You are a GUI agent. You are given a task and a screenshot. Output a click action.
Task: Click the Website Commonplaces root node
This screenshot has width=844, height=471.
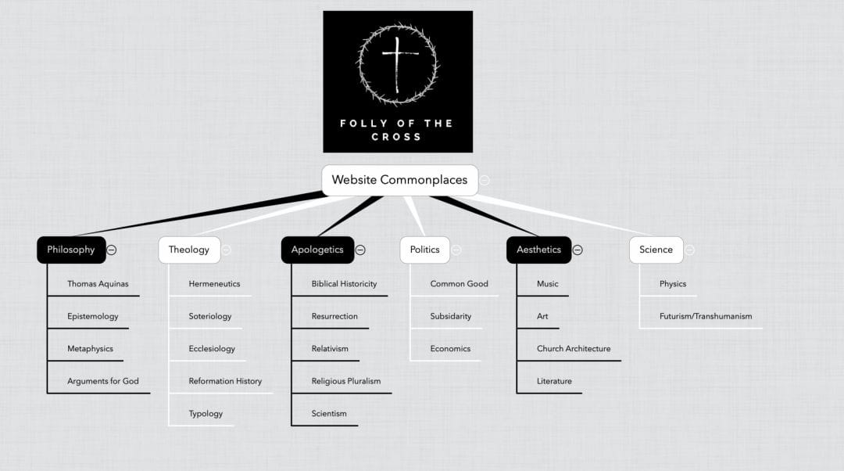coord(399,180)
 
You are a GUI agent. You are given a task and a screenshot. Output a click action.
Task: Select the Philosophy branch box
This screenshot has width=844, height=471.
coord(71,250)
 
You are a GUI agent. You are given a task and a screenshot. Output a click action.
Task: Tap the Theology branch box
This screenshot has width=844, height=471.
coord(189,250)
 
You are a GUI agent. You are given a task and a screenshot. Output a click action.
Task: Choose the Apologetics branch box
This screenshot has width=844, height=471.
coord(317,250)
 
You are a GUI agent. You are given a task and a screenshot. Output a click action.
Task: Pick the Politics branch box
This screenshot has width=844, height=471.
coord(424,250)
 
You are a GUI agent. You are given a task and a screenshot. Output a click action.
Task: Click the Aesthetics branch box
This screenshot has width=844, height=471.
coord(538,250)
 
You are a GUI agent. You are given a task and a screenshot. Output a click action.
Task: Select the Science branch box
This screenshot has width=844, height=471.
coord(656,250)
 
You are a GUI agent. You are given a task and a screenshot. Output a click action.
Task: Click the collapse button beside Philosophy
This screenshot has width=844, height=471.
coord(112,250)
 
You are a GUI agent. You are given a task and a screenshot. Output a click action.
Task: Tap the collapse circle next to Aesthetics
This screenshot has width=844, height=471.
coord(578,250)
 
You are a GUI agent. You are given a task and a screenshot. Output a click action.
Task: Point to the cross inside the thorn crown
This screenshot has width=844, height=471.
coord(398,64)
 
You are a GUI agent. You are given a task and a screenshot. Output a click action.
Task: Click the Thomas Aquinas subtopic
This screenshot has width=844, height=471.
coord(98,284)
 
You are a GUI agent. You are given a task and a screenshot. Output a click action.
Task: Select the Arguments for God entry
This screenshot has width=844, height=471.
coord(103,381)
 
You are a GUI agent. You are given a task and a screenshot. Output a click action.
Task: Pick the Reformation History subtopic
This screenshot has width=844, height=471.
coord(225,381)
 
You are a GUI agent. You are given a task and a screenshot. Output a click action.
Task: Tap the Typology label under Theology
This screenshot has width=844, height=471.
coord(206,414)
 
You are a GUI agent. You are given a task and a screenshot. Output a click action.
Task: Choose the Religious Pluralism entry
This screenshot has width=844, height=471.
coord(346,381)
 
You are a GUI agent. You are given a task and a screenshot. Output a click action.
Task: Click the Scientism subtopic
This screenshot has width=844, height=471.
coord(329,413)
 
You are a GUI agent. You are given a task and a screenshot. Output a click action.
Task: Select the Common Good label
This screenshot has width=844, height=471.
coord(460,284)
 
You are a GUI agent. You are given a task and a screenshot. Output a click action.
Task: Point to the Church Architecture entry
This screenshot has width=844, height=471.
coord(574,349)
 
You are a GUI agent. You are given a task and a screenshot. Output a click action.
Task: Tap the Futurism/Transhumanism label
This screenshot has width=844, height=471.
coord(706,316)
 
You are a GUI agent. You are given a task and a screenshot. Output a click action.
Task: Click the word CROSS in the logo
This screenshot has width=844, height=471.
coord(396,137)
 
